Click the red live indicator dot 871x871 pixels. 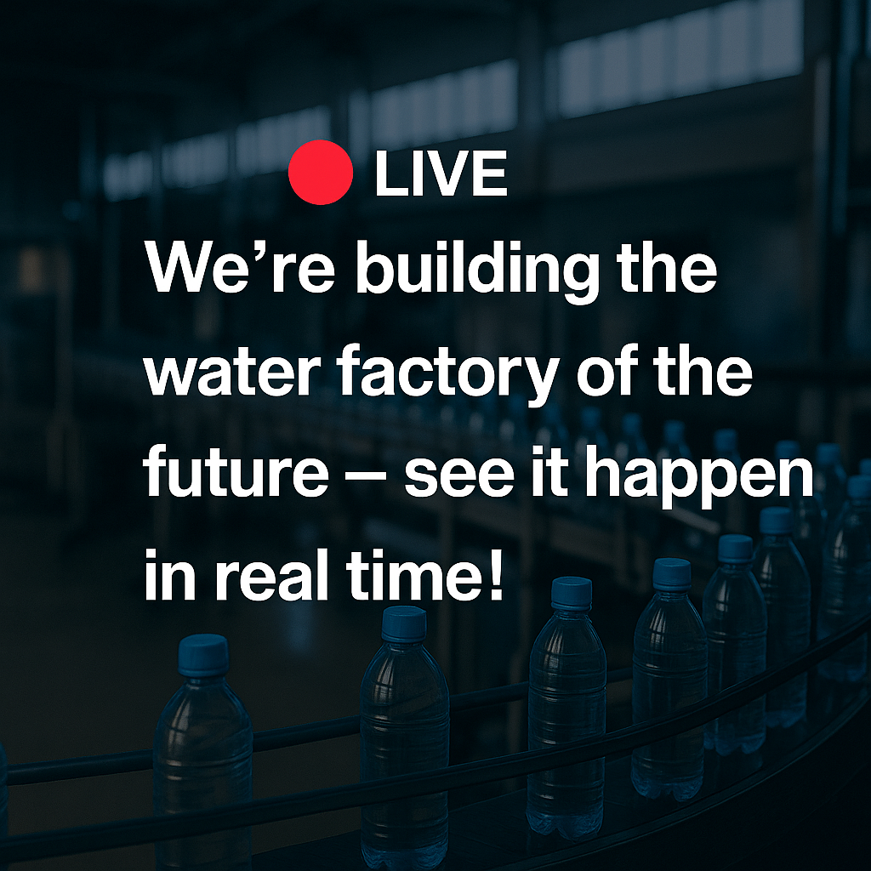pyautogui.click(x=321, y=172)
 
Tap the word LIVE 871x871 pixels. pyautogui.click(x=441, y=174)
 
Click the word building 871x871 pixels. pyautogui.click(x=476, y=271)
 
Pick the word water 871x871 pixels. pyautogui.click(x=233, y=374)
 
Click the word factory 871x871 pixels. pyautogui.click(x=447, y=374)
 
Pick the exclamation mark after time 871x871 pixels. pyautogui.click(x=496, y=574)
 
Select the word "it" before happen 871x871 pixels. pyautogui.click(x=550, y=472)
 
